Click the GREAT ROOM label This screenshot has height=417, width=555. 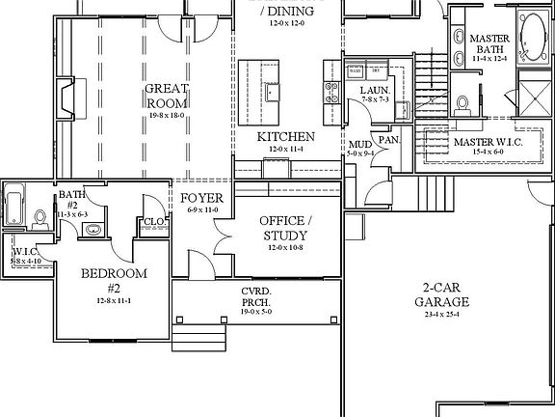pyautogui.click(x=165, y=96)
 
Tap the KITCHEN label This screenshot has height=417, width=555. pyautogui.click(x=285, y=136)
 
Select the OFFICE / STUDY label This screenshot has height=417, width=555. pyautogui.click(x=283, y=228)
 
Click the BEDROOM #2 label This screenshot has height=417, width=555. pyautogui.click(x=114, y=280)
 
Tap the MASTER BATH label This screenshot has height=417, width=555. pyautogui.click(x=489, y=44)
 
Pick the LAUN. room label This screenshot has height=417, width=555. pyautogui.click(x=374, y=91)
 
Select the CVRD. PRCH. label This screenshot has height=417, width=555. pyautogui.click(x=255, y=296)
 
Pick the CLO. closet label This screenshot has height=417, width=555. pyautogui.click(x=154, y=222)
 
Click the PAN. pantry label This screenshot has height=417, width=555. pyautogui.click(x=388, y=139)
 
